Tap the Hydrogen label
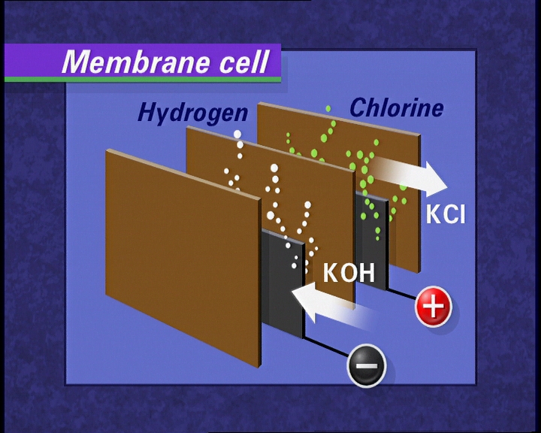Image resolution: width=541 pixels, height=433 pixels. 192,113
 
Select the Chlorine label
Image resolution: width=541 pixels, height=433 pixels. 396,107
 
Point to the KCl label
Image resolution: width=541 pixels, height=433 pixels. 446,214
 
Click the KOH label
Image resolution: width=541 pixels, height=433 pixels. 349,272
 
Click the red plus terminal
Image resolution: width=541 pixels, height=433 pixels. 434,307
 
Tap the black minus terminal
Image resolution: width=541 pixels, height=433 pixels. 366,367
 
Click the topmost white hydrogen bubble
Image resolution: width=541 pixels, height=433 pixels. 238,135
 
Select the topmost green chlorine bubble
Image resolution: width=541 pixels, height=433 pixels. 328,109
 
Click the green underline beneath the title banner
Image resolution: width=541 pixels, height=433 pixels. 143,79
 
